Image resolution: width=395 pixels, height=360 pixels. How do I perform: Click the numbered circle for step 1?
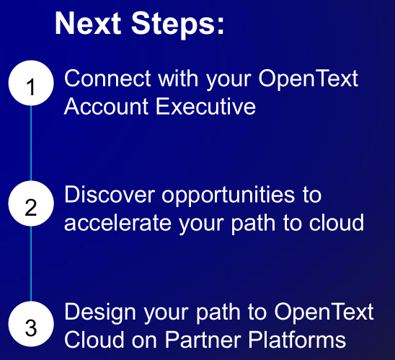click(31, 83)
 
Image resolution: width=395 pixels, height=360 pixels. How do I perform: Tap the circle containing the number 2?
click(31, 203)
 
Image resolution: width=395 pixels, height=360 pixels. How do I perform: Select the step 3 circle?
click(31, 324)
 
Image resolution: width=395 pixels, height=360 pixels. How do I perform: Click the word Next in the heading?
click(88, 23)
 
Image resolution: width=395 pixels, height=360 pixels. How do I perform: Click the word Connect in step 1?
click(107, 79)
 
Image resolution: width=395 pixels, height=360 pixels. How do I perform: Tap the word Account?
click(106, 106)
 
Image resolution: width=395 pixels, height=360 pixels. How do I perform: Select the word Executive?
click(206, 106)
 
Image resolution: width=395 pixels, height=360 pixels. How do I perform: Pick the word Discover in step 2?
click(110, 194)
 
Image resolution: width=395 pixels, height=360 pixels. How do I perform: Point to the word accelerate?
click(118, 223)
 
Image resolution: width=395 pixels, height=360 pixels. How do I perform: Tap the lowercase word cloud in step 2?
click(337, 222)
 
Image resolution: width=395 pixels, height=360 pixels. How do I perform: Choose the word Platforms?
click(297, 339)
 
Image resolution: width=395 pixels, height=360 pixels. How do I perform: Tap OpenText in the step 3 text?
click(324, 313)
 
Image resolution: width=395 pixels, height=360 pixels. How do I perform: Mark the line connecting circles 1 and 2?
click(31, 143)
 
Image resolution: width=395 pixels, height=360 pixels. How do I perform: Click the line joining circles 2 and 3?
click(31, 263)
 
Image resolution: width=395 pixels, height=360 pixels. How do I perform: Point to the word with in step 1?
click(178, 79)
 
